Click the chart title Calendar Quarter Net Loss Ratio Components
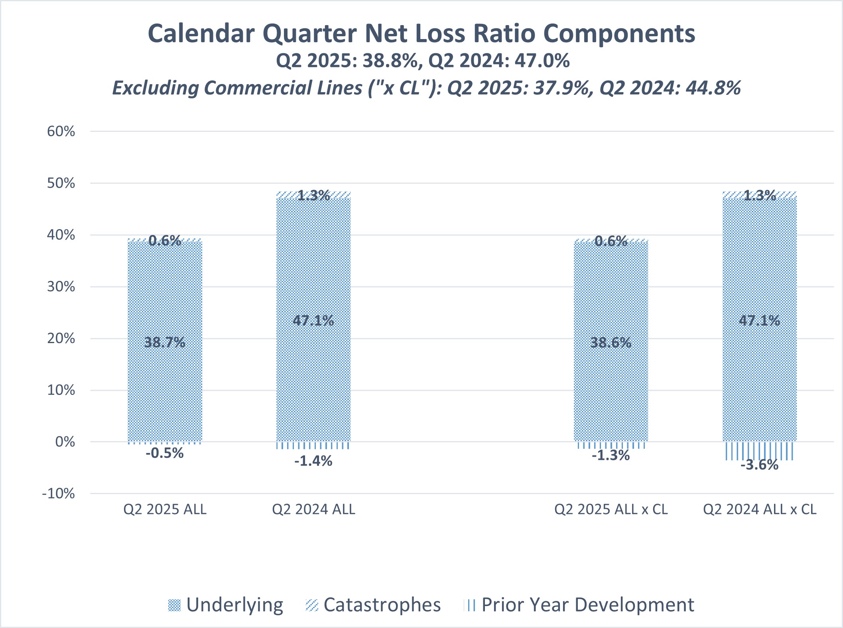pos(421,33)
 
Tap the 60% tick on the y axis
pos(61,131)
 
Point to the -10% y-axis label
pos(59,494)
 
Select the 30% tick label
pos(61,287)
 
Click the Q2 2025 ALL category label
pos(165,509)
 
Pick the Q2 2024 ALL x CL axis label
pos(759,509)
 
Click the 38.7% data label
pos(165,342)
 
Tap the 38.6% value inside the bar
pos(611,343)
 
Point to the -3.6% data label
pos(759,465)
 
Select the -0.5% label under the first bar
pos(165,453)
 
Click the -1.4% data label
pos(313,461)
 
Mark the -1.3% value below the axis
pos(611,455)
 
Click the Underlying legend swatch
pos(174,605)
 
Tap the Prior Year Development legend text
pos(587,605)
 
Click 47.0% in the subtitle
pos(542,61)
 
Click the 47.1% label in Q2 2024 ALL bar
pos(313,320)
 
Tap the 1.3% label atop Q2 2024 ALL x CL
pos(760,195)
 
